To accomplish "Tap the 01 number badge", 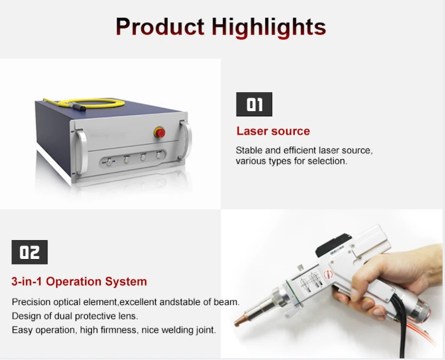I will (x=254, y=104).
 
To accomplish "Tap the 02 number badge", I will (x=29, y=252).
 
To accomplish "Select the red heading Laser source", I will (x=273, y=131).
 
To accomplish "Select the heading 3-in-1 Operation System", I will (x=79, y=282).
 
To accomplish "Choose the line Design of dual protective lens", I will (x=75, y=316).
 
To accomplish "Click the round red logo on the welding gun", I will (x=329, y=273).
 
